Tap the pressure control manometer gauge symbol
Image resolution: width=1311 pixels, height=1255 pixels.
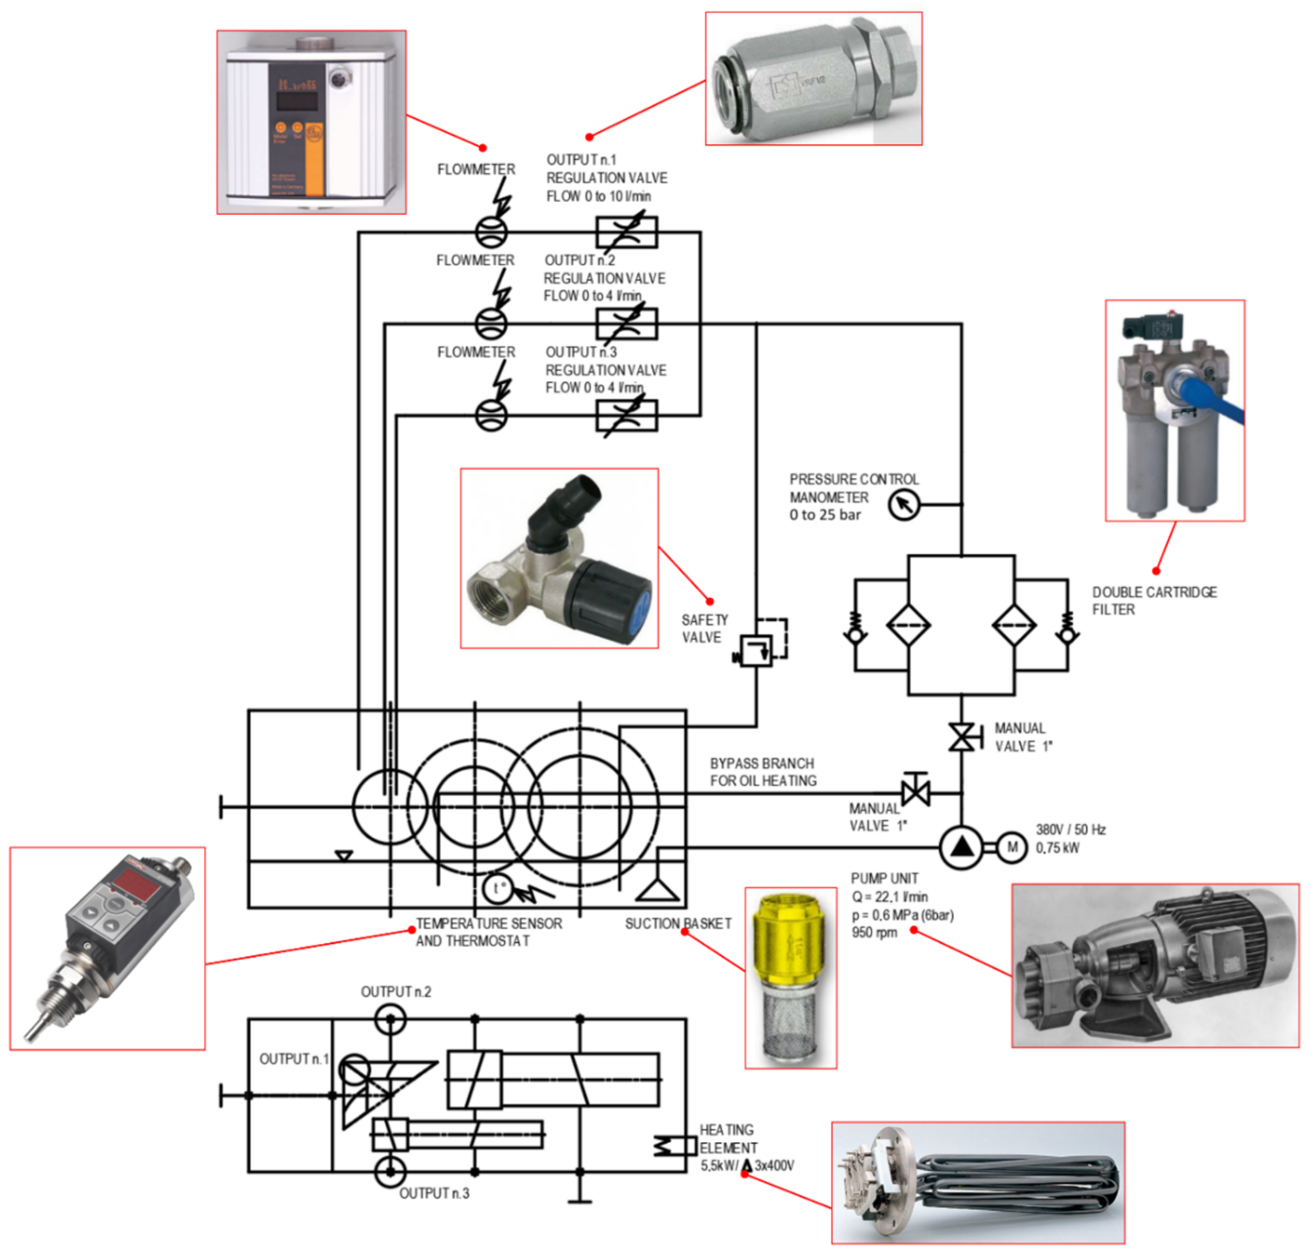[904, 505]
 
